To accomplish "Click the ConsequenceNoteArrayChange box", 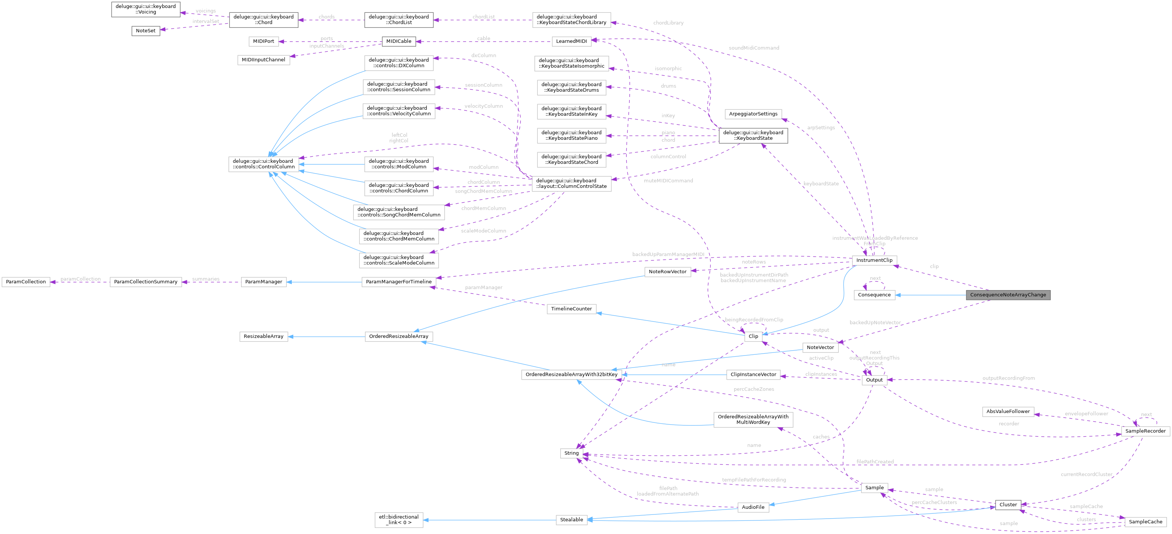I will click(x=1008, y=295).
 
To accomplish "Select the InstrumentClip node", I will click(x=874, y=260).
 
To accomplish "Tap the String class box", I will click(x=571, y=454).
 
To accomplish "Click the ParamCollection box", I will click(x=26, y=282).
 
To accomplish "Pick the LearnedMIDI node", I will click(x=571, y=41).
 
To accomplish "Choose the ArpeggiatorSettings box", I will click(x=753, y=114).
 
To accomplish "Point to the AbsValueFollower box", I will click(x=1008, y=411).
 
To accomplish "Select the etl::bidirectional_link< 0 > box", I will click(x=398, y=520).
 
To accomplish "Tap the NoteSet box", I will click(x=146, y=31).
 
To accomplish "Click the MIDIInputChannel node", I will click(x=263, y=60).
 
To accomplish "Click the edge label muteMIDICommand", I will click(x=668, y=181).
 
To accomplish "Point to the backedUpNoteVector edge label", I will click(x=875, y=323).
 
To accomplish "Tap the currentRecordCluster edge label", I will click(x=1086, y=474).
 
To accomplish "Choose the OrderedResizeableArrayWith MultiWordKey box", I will click(x=753, y=420).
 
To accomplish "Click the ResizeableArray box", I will click(x=263, y=336).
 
